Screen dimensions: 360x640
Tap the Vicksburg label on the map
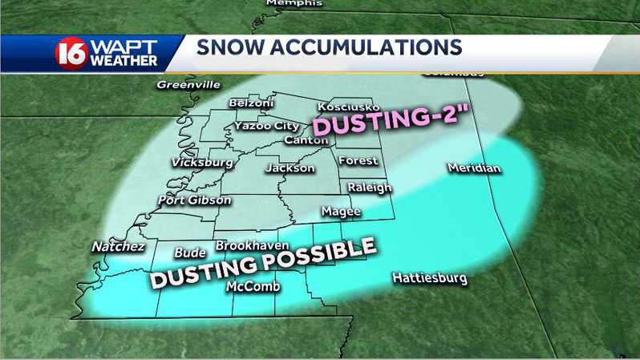(x=202, y=162)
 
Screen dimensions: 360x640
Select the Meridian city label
(x=474, y=168)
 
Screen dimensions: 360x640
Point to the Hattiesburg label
(x=429, y=278)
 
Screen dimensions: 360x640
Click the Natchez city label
(x=118, y=246)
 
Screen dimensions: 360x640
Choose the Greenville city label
(x=188, y=83)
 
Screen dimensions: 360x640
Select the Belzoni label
(x=251, y=103)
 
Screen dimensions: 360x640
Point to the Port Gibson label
(x=195, y=200)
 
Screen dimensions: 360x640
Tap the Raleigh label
(x=369, y=187)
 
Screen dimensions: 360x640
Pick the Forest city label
(x=358, y=160)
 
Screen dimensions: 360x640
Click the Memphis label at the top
(x=294, y=3)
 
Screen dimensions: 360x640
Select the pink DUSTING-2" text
(x=391, y=121)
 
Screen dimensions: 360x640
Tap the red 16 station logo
(x=71, y=53)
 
